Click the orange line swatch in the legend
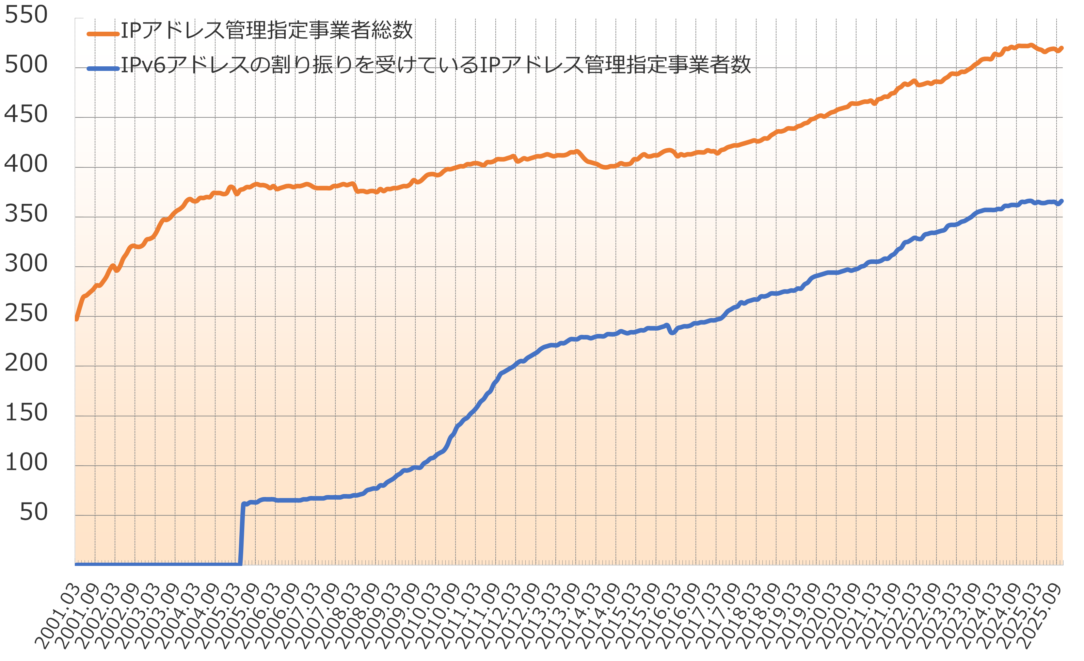pos(103,34)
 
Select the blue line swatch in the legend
pos(103,68)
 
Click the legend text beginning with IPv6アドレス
pos(436,65)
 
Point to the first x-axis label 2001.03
pos(57,617)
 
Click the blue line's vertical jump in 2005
pos(242,533)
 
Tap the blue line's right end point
pos(1061,201)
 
